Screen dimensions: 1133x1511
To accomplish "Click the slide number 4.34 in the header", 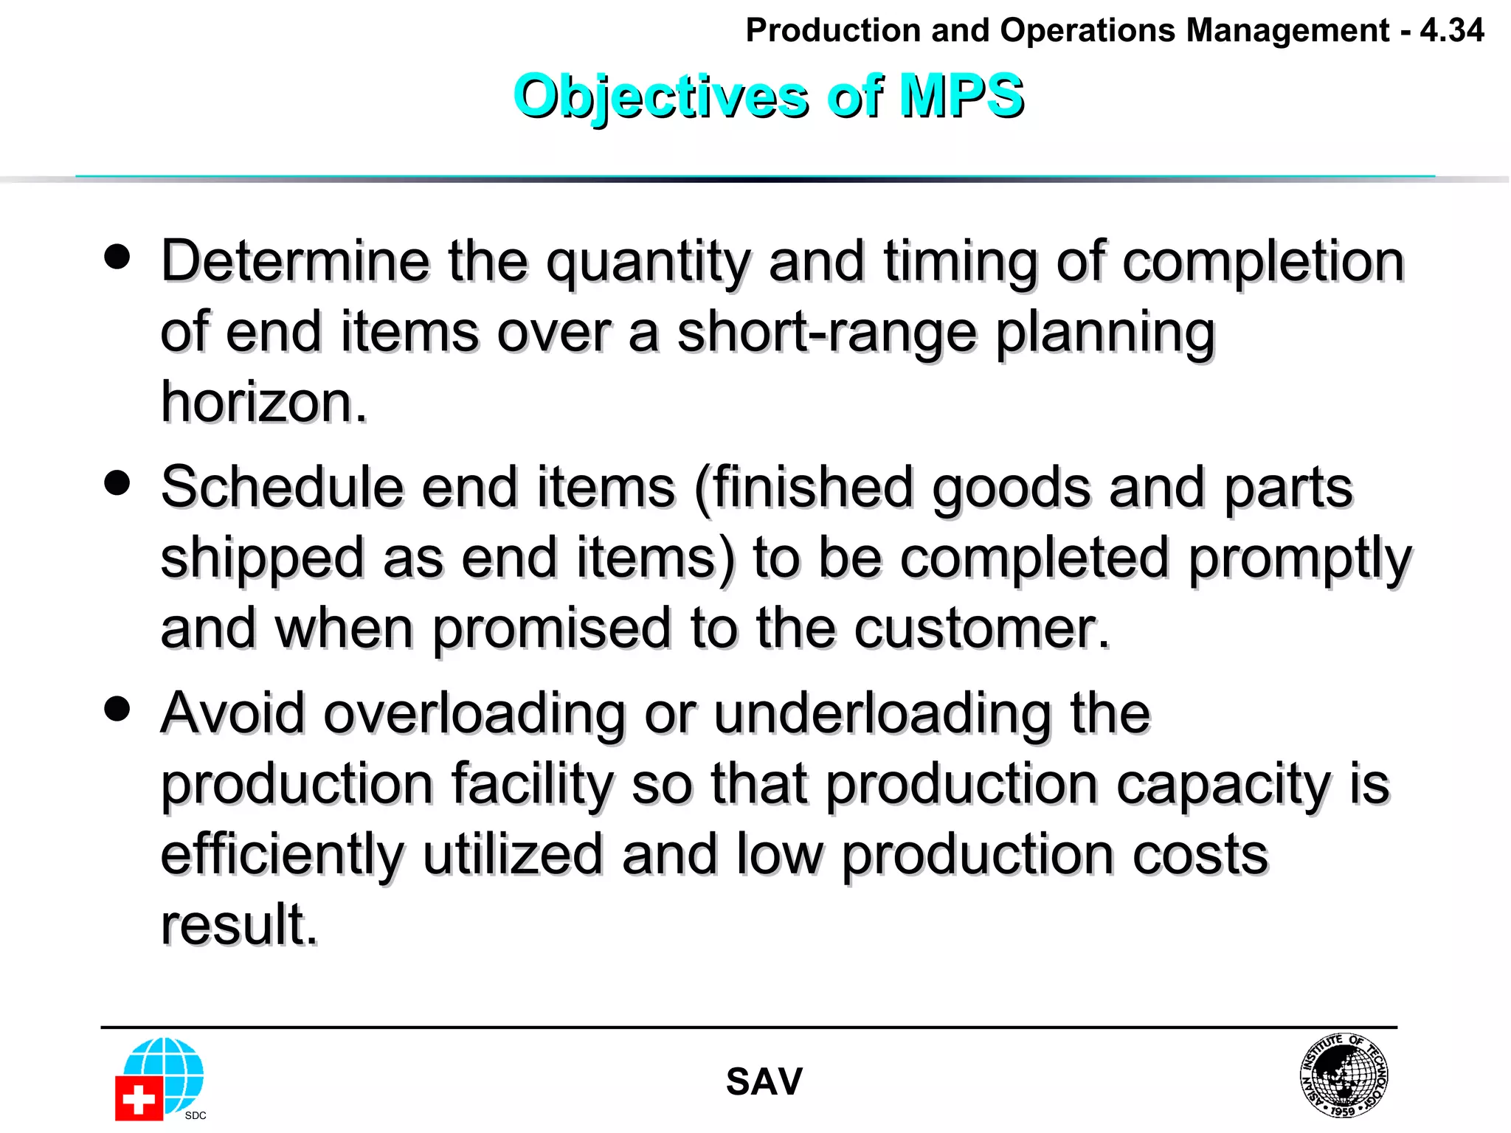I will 1451,31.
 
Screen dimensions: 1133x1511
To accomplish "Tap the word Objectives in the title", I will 660,97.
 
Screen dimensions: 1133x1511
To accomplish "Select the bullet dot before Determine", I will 117,257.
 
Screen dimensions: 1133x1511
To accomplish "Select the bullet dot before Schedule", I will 117,483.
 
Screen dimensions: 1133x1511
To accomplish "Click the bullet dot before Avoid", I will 117,709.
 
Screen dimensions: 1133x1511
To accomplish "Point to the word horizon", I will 263,403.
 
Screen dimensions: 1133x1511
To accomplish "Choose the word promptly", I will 1299,559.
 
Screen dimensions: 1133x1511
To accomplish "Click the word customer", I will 981,628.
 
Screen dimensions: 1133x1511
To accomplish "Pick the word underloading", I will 882,713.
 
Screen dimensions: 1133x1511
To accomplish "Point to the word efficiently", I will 282,856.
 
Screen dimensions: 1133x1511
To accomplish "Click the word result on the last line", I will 239,924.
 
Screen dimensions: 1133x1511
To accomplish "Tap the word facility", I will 532,785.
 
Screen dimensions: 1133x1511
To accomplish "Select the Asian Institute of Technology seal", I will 1343,1075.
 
